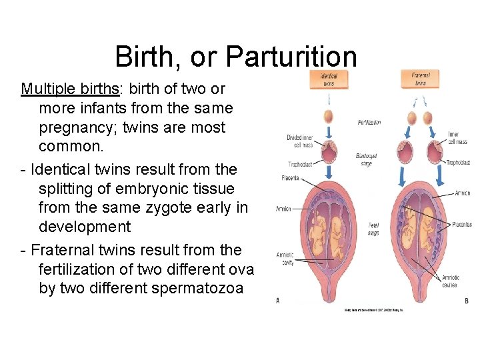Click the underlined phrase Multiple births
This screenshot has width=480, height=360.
tap(58, 89)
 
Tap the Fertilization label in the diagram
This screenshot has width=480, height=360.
tap(369, 123)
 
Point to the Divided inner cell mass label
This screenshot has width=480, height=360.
tap(299, 141)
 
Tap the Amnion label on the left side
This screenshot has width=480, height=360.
tap(283, 209)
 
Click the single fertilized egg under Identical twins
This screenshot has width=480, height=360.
tap(329, 117)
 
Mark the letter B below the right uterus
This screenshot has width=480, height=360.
tap(467, 301)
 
